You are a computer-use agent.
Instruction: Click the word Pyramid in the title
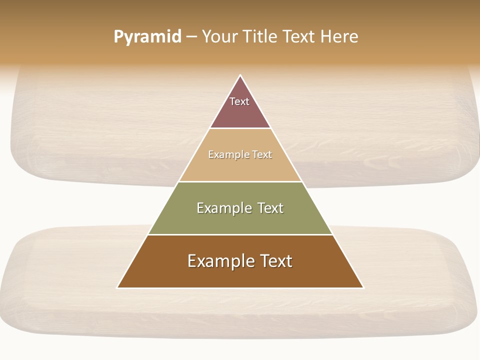pos(147,37)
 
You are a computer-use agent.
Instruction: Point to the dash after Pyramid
pos(191,37)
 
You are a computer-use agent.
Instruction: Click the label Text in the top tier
pos(239,101)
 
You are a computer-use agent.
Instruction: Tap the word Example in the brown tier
pos(219,261)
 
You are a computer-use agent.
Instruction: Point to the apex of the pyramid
pos(240,75)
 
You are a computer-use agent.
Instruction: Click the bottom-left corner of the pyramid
pos(117,287)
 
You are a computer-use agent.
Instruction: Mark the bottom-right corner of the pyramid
pos(363,287)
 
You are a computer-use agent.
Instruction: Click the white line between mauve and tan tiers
pos(240,128)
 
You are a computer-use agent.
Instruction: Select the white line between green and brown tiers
pos(240,234)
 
